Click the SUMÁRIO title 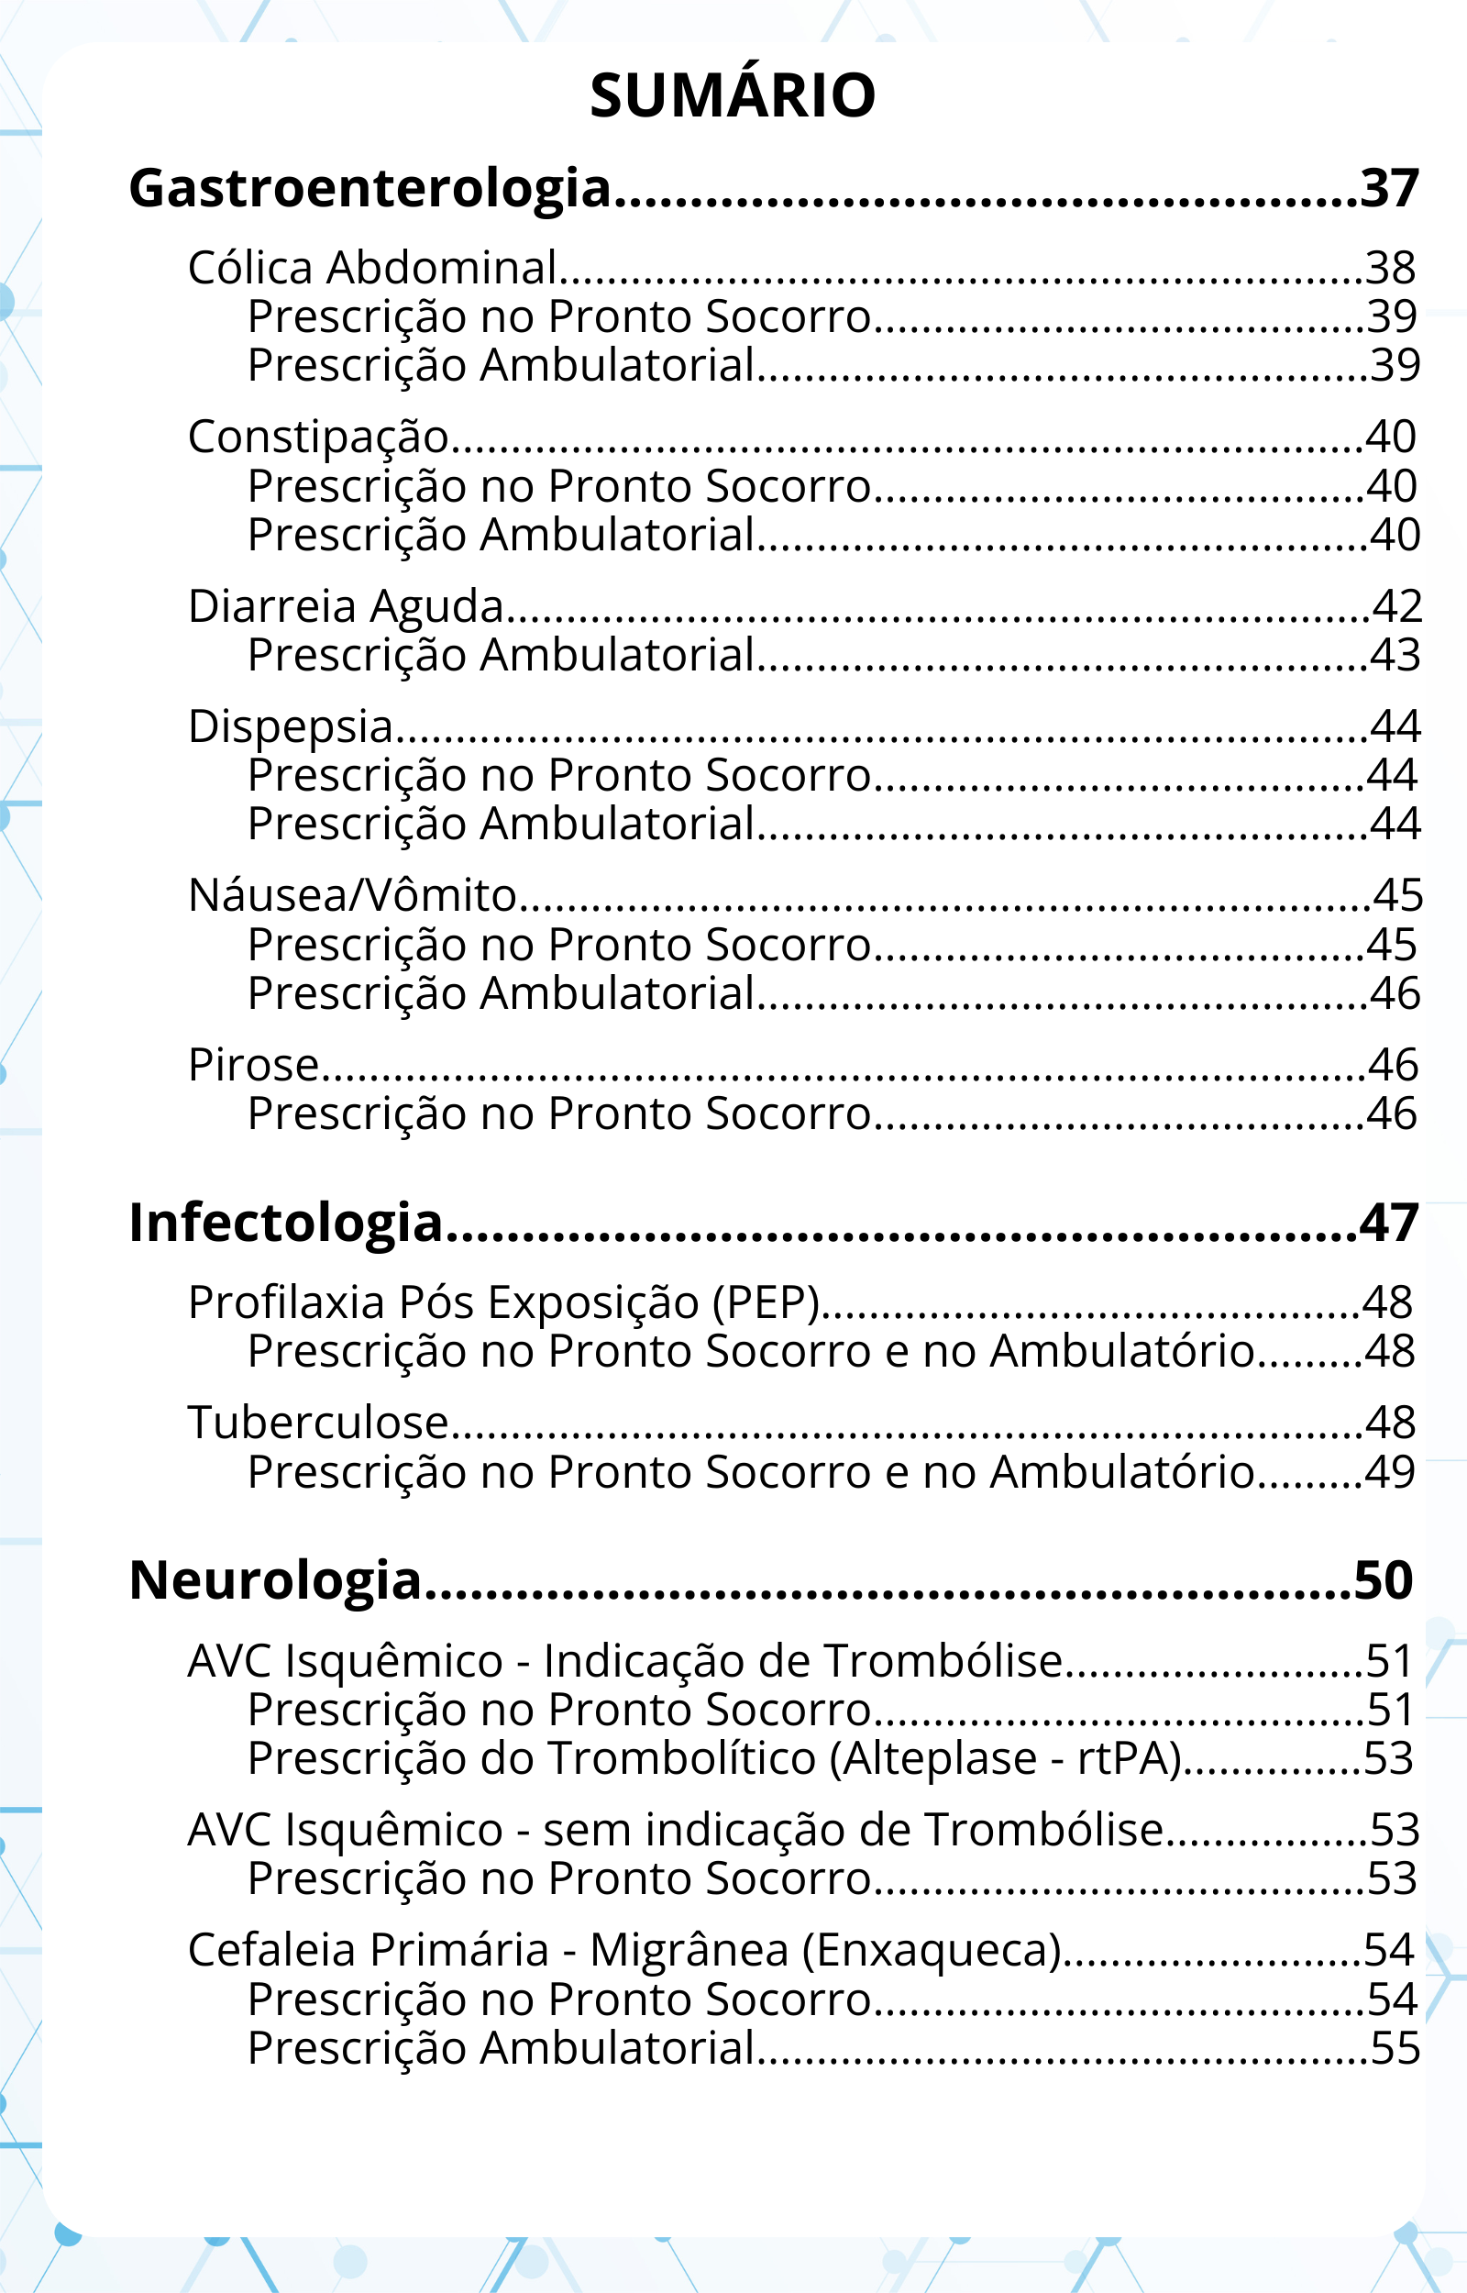coord(733,95)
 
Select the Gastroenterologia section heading coord(370,189)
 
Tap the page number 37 coord(1389,189)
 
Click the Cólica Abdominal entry coord(371,268)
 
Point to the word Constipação coord(317,438)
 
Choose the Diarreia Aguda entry coord(345,607)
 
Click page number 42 coord(1396,606)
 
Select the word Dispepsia coord(291,726)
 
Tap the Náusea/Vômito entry coord(351,895)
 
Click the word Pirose coord(252,1065)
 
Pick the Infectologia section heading coord(286,1224)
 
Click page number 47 coord(1389,1224)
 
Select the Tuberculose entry coord(317,1423)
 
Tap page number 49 coord(1390,1473)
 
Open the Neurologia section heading coord(275,1580)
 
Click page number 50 coord(1384,1580)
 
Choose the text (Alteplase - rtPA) coord(1005,1758)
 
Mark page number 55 coord(1395,2048)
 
